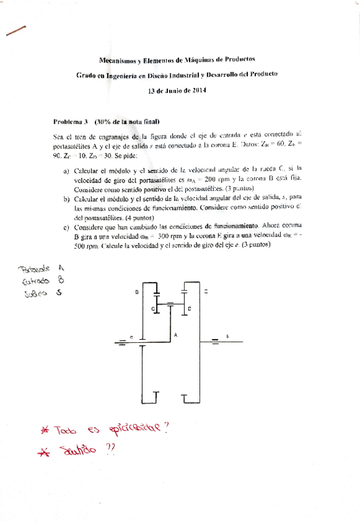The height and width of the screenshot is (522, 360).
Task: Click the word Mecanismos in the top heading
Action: (x=117, y=61)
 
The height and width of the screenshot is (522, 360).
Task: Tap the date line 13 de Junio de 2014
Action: (x=177, y=90)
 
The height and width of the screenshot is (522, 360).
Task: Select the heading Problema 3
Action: (x=71, y=122)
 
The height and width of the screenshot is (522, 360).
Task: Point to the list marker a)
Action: (x=66, y=171)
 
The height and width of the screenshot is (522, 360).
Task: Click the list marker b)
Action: (x=66, y=199)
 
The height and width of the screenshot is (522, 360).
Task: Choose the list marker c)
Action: (x=66, y=227)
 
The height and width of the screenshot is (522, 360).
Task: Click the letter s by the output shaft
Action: (x=227, y=336)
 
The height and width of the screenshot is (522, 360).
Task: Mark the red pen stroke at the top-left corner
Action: (x=15, y=30)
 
